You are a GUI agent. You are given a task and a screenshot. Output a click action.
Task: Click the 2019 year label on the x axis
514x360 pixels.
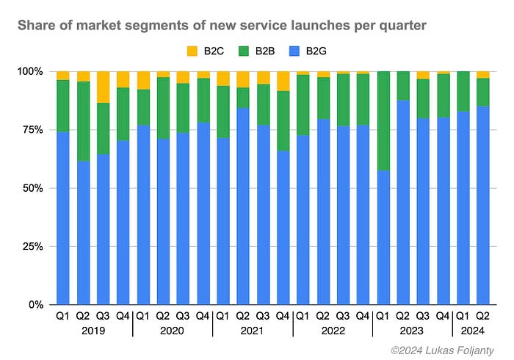click(93, 331)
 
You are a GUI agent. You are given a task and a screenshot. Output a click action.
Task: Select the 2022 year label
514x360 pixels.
click(333, 331)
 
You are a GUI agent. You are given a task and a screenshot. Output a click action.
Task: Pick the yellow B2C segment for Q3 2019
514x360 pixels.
click(104, 87)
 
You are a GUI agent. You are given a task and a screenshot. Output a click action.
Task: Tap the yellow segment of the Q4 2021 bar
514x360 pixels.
click(283, 81)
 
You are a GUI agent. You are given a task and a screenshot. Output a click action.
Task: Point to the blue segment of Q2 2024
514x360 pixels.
click(483, 206)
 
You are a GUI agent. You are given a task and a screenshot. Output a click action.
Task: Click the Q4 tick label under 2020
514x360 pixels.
click(203, 317)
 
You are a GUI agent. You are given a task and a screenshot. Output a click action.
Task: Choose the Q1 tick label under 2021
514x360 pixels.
click(223, 317)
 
